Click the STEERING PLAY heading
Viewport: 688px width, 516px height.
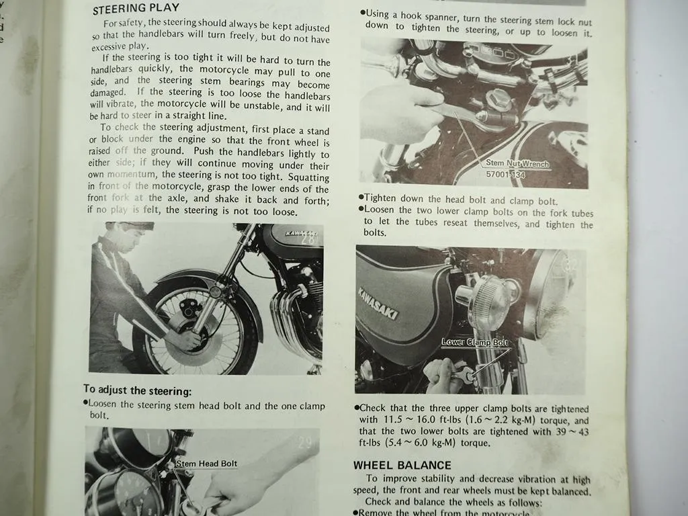(136, 9)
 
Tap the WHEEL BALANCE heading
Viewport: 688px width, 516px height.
(402, 465)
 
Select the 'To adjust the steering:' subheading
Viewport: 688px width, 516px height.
(137, 390)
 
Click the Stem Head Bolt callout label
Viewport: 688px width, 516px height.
(206, 464)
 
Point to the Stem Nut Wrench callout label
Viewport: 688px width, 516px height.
(517, 164)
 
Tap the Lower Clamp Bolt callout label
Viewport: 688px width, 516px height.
(474, 342)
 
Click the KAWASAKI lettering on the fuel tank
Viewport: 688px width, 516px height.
(378, 303)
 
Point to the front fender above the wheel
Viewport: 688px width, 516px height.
(195, 279)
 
